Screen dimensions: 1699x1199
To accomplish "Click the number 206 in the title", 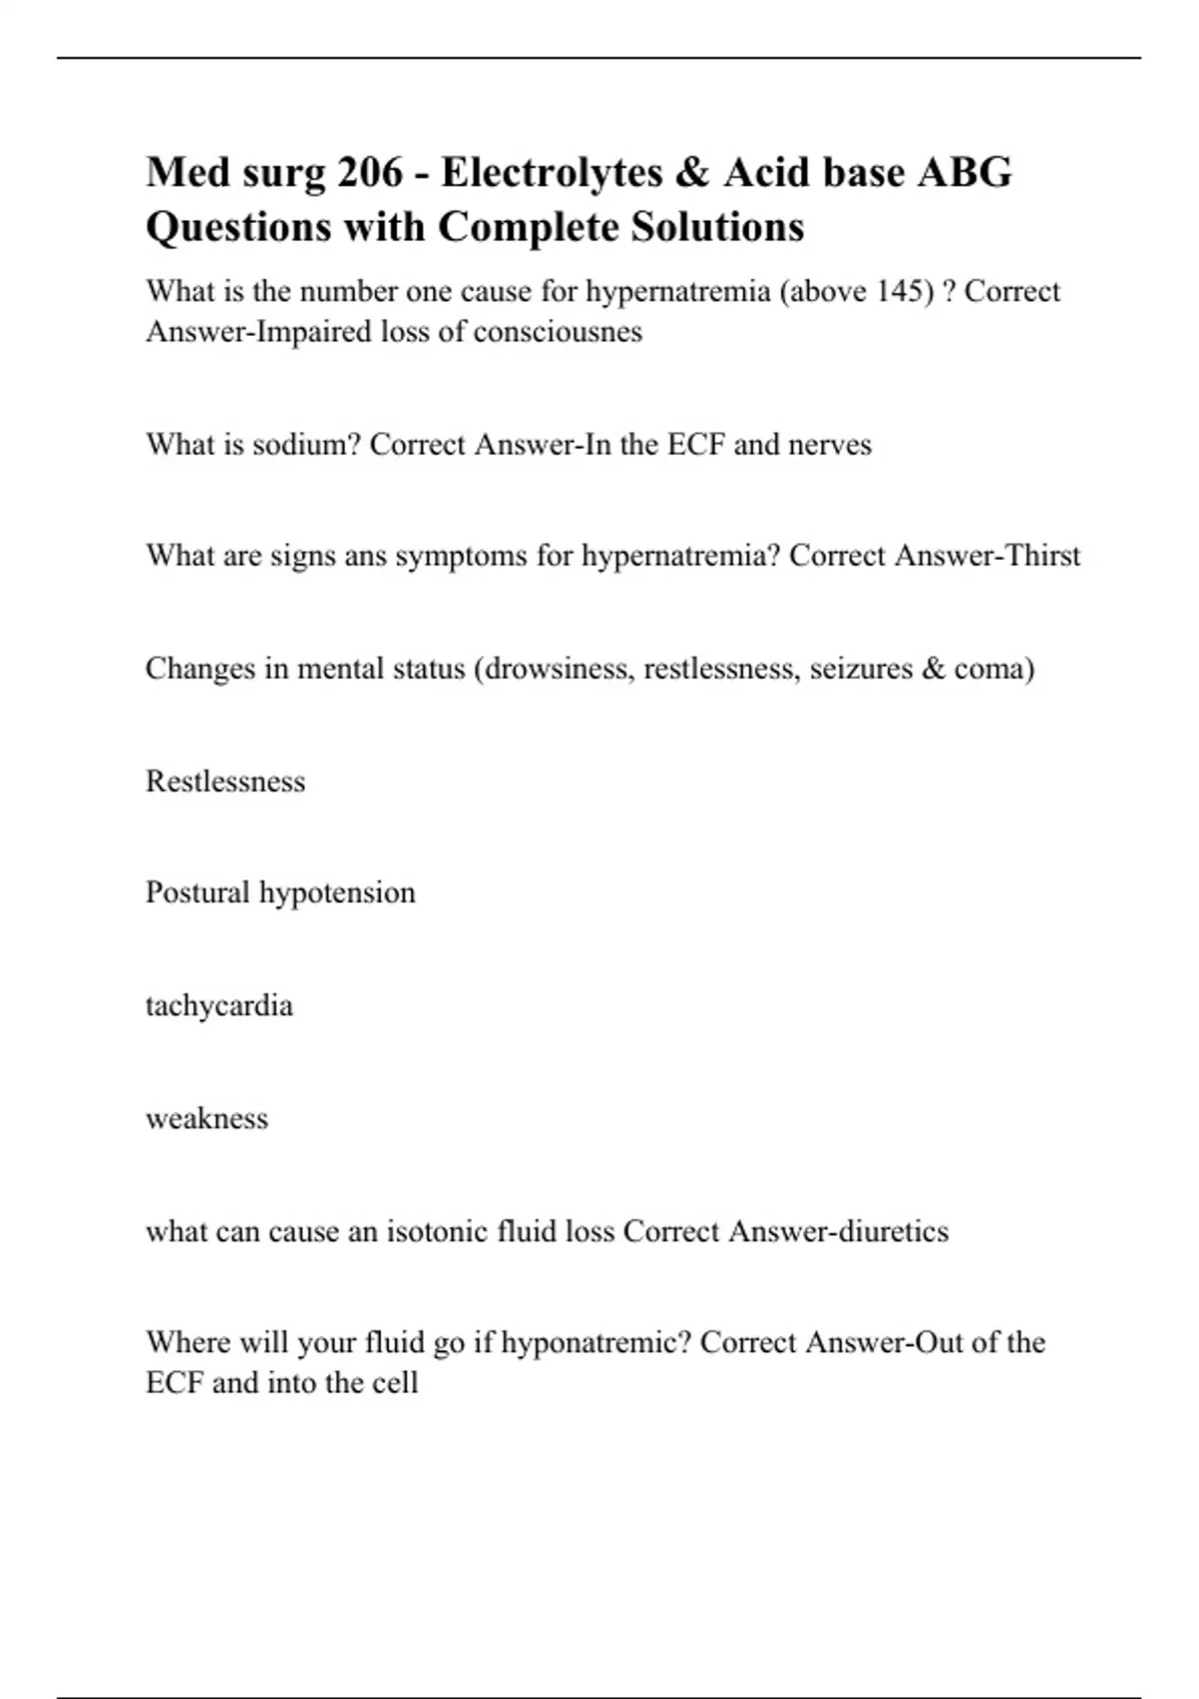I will pyautogui.click(x=370, y=173).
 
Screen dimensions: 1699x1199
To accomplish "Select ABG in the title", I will pyautogui.click(x=964, y=173).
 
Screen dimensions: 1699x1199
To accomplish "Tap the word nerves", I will pyautogui.click(x=829, y=445).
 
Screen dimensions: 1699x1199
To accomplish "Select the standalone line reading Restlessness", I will pyautogui.click(x=225, y=781).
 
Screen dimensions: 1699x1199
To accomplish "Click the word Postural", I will pyautogui.click(x=198, y=892).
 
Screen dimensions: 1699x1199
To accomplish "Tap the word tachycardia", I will pyautogui.click(x=219, y=1005).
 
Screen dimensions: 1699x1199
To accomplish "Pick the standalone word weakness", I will pyautogui.click(x=207, y=1118).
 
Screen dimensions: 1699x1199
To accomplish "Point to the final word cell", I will pyautogui.click(x=395, y=1384).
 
